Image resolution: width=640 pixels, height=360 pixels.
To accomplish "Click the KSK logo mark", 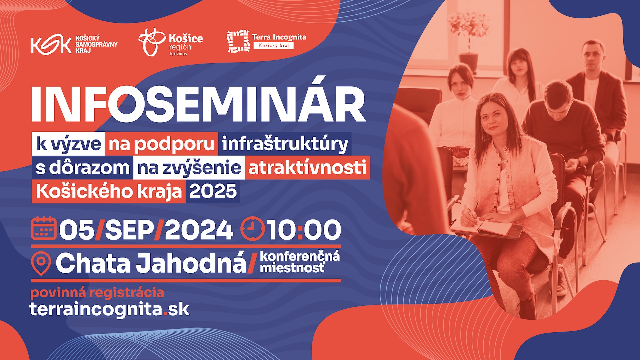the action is pos(51,45).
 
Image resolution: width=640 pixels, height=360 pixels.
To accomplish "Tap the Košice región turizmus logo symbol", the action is pos(152,42).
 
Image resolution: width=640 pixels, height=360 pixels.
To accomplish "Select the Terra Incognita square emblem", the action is pos(238,41).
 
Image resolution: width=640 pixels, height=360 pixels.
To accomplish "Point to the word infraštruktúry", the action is pos(285,144).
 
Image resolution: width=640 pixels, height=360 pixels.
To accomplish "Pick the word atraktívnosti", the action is pos(307,167).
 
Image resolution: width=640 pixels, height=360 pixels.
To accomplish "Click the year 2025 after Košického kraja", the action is pos(213,191).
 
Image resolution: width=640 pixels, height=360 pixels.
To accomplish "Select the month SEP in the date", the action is pos(130,230).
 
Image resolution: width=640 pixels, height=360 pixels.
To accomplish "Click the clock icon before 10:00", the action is pos(252,229).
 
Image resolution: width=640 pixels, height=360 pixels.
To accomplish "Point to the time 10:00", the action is pos(304,230).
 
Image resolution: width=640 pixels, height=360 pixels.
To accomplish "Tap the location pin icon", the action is pos(41,263).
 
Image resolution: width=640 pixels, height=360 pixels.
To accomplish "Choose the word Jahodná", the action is pos(191,263).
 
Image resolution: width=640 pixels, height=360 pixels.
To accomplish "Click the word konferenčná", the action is pos(300,256).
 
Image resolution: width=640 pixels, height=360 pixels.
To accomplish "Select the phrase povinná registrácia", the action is pos(97,293).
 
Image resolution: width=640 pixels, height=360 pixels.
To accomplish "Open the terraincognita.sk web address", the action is pos(110,309).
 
